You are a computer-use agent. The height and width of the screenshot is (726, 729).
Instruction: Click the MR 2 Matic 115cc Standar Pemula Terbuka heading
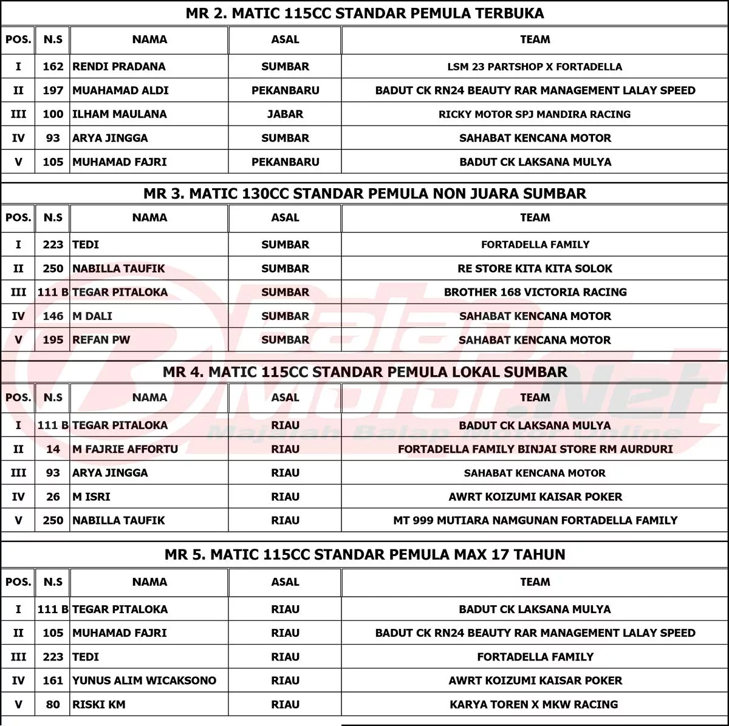click(x=364, y=13)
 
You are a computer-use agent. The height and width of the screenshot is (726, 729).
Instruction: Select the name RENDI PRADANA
click(x=118, y=67)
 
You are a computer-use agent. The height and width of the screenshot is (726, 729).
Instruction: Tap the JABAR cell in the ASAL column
click(x=285, y=114)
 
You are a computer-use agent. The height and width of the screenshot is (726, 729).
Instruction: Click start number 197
click(x=53, y=90)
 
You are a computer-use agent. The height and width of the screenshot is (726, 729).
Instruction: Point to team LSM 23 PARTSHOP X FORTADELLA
click(x=535, y=67)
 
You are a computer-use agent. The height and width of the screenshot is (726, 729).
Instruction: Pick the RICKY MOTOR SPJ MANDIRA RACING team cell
click(x=535, y=114)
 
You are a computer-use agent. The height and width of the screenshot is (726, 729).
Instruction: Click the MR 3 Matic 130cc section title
click(x=364, y=194)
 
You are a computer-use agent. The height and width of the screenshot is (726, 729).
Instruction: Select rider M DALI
click(x=92, y=316)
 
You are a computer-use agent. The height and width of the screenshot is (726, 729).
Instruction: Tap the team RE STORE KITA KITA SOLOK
click(x=535, y=268)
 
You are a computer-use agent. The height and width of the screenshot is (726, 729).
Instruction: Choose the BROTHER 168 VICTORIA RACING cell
click(x=535, y=292)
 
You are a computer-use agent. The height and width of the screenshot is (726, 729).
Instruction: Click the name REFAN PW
click(x=101, y=340)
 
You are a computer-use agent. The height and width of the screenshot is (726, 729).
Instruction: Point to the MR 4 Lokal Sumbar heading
click(x=364, y=372)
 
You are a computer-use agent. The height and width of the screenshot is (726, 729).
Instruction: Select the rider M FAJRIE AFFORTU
click(x=125, y=449)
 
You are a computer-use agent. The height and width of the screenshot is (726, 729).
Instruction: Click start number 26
click(x=53, y=497)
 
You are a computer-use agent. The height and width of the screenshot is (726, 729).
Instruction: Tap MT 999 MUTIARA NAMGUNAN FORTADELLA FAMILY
click(x=535, y=520)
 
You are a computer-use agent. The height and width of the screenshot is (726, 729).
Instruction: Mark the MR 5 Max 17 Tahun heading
click(x=364, y=554)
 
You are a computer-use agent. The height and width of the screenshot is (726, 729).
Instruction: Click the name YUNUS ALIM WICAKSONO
click(x=144, y=680)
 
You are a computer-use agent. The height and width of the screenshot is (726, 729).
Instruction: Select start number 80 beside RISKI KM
click(x=53, y=705)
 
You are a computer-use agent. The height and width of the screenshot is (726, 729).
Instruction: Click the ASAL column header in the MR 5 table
click(x=285, y=582)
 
